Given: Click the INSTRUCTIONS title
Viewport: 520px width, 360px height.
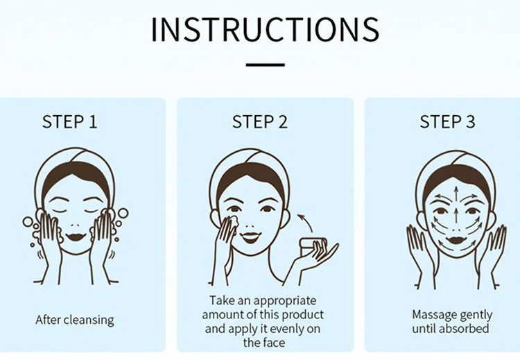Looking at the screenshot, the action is click(265, 29).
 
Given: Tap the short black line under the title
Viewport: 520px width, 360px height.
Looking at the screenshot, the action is click(266, 65).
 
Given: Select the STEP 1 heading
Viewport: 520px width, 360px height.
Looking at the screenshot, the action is click(69, 121).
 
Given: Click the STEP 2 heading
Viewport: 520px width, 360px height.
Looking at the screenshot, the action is click(260, 121).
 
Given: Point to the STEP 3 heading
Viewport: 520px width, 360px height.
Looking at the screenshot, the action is click(447, 121).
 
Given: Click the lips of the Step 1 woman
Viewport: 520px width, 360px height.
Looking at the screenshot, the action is click(76, 237).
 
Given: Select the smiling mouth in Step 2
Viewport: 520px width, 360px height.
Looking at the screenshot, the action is click(250, 237).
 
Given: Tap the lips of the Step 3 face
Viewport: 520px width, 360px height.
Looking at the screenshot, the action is click(456, 239).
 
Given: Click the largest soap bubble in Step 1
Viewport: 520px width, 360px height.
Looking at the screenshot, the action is click(123, 213).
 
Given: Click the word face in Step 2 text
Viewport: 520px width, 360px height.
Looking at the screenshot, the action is click(274, 343).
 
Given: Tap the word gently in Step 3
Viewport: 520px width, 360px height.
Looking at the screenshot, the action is click(475, 315).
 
